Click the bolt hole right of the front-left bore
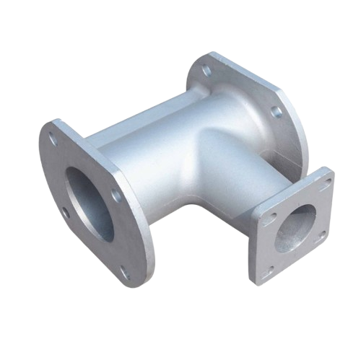[x=115, y=196]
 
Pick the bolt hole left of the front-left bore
[x=66, y=212]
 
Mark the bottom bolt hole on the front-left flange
[x=123, y=273]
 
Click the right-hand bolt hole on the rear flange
[x=275, y=111]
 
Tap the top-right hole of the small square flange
[x=323, y=181]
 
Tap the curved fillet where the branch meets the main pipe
[x=209, y=144]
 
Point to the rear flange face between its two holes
[x=242, y=90]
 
